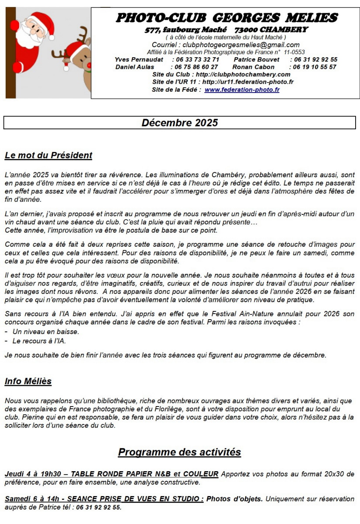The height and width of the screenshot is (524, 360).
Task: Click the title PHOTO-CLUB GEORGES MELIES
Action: [226, 17]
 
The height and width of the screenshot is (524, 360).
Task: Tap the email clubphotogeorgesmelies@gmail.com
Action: [241, 45]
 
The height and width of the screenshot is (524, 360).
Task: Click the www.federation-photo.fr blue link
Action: [242, 90]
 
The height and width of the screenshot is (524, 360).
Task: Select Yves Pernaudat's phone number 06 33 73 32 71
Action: [196, 60]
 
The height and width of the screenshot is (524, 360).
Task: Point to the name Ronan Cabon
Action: [254, 67]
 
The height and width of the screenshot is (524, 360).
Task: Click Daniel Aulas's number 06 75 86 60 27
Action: [196, 67]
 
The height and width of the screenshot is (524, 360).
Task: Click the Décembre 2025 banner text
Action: [180, 123]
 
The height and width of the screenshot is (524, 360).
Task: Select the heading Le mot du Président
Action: [48, 155]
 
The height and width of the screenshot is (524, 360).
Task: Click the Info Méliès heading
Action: [28, 382]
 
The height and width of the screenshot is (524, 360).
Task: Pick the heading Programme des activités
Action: [179, 452]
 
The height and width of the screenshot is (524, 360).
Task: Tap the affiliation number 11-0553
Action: [292, 52]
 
